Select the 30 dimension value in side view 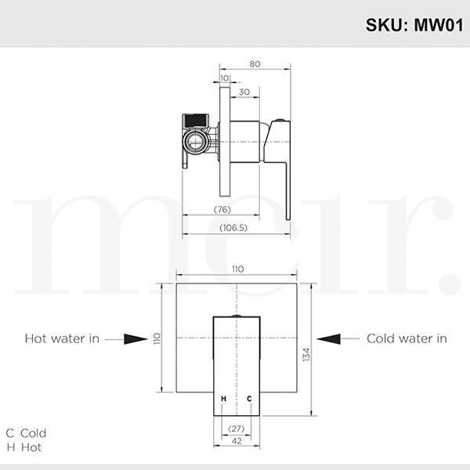tap(244, 92)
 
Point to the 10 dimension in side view tap(226, 78)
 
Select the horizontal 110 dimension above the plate tap(237, 269)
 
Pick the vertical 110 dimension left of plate tap(157, 338)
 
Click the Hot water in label tap(62, 338)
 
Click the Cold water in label tap(407, 338)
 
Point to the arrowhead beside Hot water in tap(136, 338)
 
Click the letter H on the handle tap(223, 399)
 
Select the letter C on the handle tap(249, 399)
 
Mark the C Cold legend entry tap(27, 432)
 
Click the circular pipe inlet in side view tap(194, 143)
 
